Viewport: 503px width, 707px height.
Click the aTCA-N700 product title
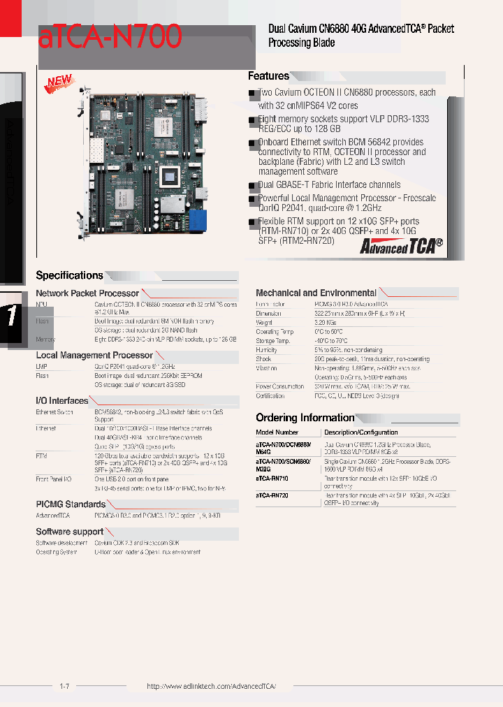coord(110,36)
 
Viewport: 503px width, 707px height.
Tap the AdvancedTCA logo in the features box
coord(401,246)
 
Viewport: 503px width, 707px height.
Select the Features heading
coord(268,76)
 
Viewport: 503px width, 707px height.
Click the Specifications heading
coord(69,275)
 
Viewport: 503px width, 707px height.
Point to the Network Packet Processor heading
coord(87,293)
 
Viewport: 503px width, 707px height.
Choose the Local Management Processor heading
coord(94,356)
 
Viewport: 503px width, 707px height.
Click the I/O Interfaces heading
coord(62,401)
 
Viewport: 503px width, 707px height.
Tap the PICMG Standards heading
coord(71,504)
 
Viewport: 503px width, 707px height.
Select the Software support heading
coord(70,532)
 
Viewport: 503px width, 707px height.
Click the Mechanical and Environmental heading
coord(316,293)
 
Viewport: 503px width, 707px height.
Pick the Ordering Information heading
coord(305,418)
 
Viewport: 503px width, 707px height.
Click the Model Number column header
coord(277,432)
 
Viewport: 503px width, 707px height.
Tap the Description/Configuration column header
coord(360,432)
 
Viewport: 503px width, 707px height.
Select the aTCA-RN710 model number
coord(272,479)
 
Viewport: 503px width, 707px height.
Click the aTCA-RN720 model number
coord(272,495)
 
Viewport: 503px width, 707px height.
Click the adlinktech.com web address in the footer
coord(211,687)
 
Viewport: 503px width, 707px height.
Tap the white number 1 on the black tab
coord(12,316)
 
